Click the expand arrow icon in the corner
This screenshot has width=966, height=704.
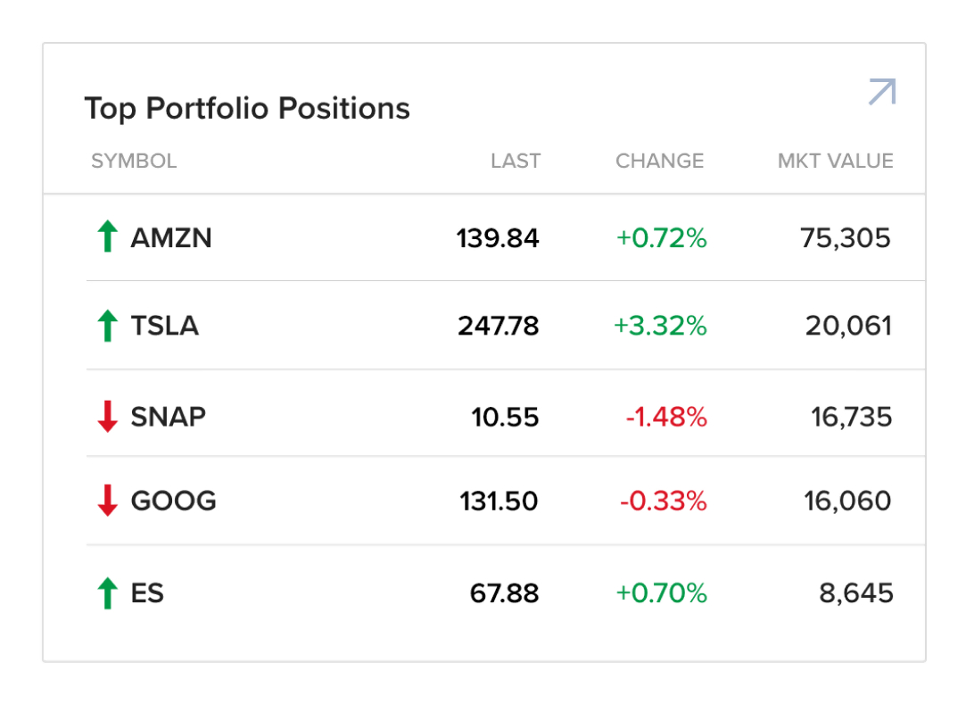click(x=881, y=92)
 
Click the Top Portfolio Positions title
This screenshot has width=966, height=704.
click(x=247, y=109)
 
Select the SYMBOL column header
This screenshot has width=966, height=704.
click(x=134, y=162)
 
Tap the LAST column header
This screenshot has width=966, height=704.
click(x=516, y=162)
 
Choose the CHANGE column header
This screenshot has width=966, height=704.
click(x=659, y=162)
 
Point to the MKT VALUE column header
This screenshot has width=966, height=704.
click(x=835, y=162)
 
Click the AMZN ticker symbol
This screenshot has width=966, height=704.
click(x=171, y=238)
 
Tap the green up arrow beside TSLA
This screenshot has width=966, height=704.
click(x=107, y=326)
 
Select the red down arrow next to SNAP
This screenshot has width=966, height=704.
click(x=107, y=417)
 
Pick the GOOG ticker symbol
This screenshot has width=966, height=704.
click(x=173, y=501)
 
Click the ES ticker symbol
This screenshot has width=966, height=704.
click(x=147, y=593)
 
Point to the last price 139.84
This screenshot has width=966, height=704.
click(x=498, y=238)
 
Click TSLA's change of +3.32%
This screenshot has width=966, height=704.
click(x=660, y=326)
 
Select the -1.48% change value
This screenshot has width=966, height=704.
click(x=665, y=417)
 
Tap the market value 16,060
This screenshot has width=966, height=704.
click(x=846, y=501)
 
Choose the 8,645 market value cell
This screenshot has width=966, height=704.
click(x=856, y=593)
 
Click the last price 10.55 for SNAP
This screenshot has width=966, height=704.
click(x=505, y=417)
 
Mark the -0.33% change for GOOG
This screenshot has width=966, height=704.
click(x=663, y=501)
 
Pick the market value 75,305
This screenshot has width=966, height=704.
click(x=845, y=238)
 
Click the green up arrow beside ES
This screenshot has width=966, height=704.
click(x=107, y=593)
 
